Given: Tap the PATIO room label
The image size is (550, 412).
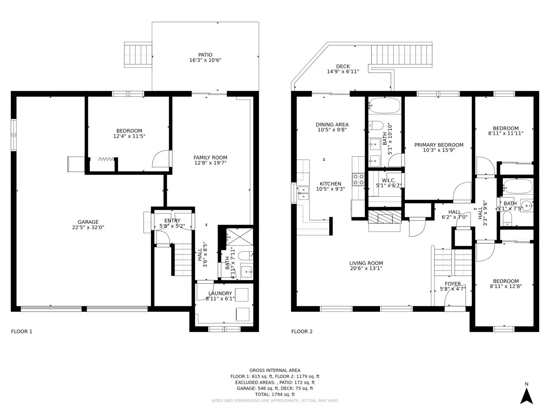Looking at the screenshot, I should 205,55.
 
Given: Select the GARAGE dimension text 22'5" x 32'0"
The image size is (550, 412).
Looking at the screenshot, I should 88,227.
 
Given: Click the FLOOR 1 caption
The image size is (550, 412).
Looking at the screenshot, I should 21,332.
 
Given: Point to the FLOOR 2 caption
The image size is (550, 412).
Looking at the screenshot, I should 302,332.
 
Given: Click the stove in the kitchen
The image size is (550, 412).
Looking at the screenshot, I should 358,179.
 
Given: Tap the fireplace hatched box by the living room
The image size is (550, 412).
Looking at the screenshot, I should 384,217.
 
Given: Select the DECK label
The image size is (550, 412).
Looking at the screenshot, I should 343,66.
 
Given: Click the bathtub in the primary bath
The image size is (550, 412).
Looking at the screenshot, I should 384,105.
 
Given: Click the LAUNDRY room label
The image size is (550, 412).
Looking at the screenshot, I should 220,293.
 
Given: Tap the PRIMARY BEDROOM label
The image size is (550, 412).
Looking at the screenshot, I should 439,145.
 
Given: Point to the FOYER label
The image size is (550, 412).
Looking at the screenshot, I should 453,284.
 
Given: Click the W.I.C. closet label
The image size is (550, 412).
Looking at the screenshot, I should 389,180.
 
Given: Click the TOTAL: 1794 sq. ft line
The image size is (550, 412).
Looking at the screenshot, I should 275,394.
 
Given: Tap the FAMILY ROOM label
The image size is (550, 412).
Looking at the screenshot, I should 210,157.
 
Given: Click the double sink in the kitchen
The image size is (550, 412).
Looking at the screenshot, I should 303,193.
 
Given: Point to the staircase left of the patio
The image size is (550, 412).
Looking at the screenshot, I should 138,55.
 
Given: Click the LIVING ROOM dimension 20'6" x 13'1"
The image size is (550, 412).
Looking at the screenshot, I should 366,268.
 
